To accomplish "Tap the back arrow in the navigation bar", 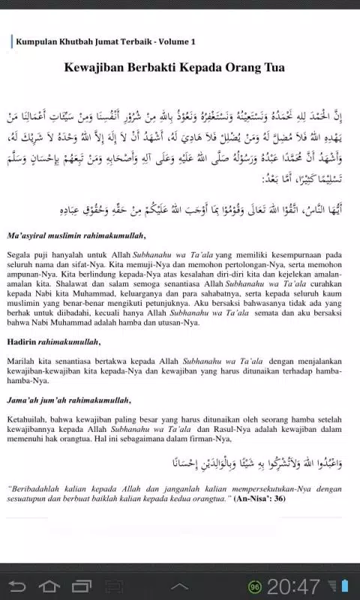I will (17, 585).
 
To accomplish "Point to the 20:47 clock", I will (294, 586).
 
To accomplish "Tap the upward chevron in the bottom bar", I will (179, 585).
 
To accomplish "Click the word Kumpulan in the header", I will (34, 42).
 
